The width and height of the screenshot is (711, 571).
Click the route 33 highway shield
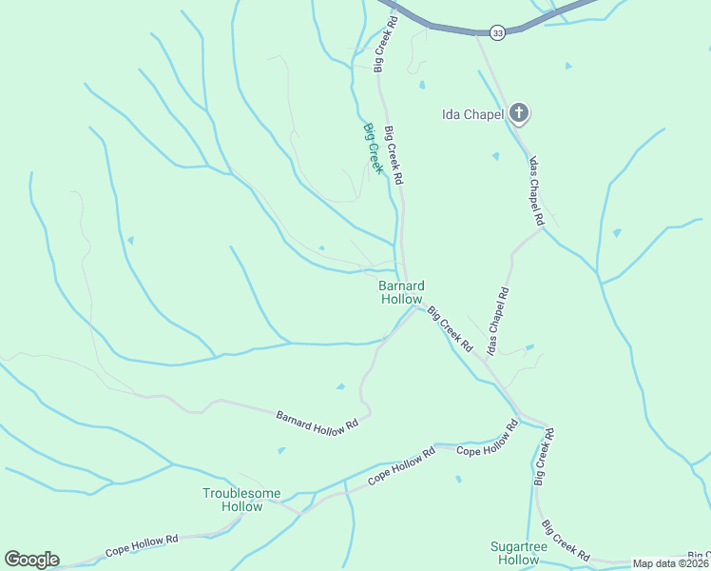[497, 32]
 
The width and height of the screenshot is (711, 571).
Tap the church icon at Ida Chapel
[519, 114]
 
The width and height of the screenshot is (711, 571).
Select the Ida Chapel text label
[471, 115]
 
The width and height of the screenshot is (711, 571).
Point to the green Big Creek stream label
[373, 148]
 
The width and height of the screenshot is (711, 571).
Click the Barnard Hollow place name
[401, 292]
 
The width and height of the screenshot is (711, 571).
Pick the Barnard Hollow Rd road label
[317, 419]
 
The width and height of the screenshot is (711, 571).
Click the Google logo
[31, 559]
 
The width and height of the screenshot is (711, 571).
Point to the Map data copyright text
[671, 563]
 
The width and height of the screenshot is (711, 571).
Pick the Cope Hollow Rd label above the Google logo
[142, 545]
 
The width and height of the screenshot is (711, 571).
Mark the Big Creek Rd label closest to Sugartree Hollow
[565, 540]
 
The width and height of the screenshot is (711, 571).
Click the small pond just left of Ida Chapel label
[421, 86]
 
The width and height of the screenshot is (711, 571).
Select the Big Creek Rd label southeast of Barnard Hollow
[450, 329]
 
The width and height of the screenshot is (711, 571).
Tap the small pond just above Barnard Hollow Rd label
[340, 386]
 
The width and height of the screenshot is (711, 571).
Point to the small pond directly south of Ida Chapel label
[495, 156]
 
